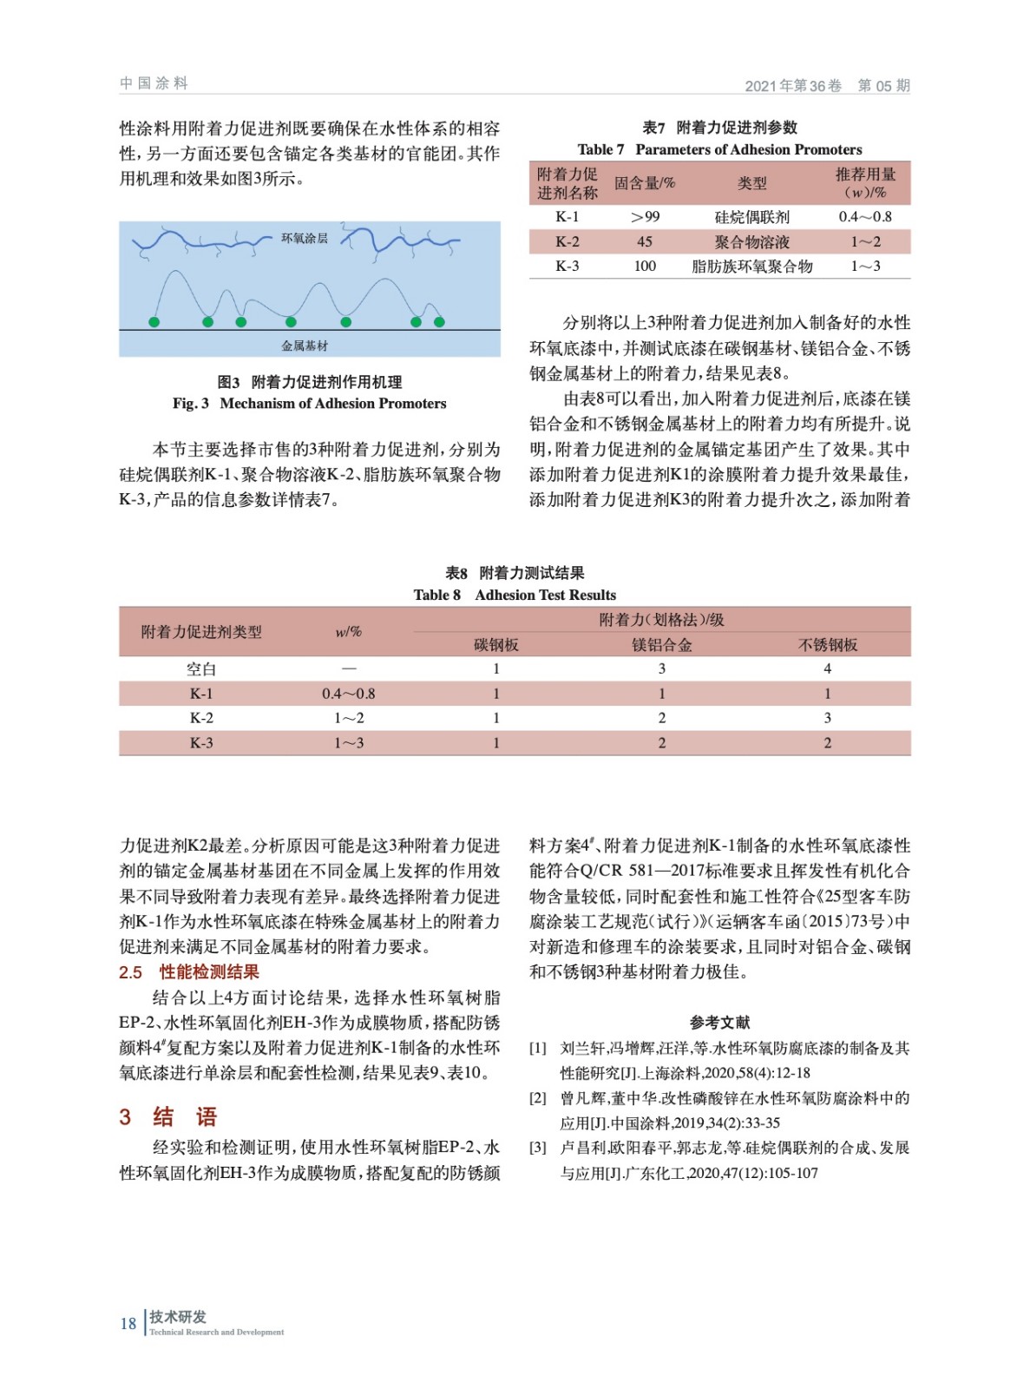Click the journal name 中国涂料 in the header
click(154, 83)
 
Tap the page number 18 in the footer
click(128, 1323)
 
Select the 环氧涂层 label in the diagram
click(305, 238)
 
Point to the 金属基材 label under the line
click(305, 346)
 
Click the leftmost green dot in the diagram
click(154, 322)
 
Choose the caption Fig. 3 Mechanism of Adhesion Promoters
click(309, 403)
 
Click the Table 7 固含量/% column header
click(644, 183)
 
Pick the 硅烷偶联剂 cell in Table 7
click(751, 217)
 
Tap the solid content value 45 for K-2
click(644, 241)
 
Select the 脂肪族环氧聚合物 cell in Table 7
click(751, 267)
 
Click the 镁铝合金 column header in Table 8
click(661, 644)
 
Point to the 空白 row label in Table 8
click(201, 668)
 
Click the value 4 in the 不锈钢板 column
click(827, 668)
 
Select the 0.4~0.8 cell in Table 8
click(348, 694)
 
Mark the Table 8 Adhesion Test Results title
click(515, 595)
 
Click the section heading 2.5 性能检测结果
click(189, 972)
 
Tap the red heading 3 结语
click(168, 1116)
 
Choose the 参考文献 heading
click(719, 1023)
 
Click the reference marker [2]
click(538, 1098)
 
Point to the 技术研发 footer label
click(178, 1316)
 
